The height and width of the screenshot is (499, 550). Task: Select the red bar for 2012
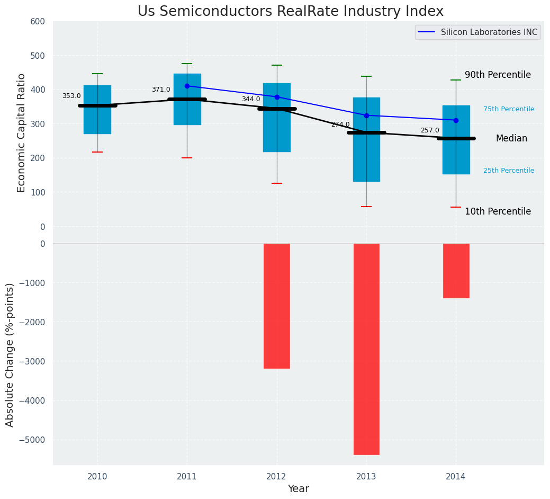click(277, 306)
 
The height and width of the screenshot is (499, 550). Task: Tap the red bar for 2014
click(456, 271)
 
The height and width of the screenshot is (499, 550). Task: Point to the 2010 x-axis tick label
click(97, 477)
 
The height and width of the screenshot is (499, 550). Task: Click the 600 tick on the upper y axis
click(41, 22)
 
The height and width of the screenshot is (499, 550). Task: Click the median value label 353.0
click(71, 96)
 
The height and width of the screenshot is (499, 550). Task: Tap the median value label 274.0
click(340, 125)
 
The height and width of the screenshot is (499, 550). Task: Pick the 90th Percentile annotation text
click(498, 75)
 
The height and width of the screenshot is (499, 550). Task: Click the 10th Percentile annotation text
click(498, 212)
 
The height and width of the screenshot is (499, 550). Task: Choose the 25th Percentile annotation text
click(509, 171)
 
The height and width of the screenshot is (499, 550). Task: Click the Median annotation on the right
click(511, 139)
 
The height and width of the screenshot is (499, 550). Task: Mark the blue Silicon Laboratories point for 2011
click(187, 86)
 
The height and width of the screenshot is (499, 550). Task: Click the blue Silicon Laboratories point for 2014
click(456, 120)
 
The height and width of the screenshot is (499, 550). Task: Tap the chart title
click(291, 12)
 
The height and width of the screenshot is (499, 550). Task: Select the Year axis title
click(298, 489)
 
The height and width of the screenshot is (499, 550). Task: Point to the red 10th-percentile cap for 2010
click(97, 152)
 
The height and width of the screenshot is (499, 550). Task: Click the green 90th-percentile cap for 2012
click(277, 65)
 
